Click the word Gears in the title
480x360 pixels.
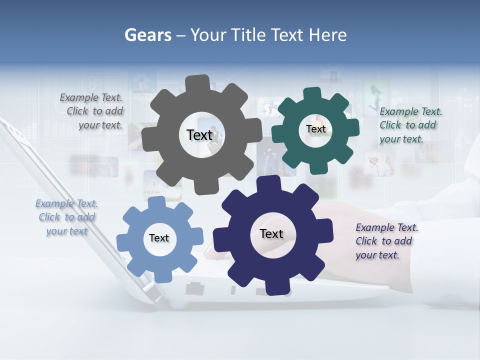point(147,35)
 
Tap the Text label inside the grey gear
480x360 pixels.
point(199,135)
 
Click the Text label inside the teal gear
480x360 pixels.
point(315,129)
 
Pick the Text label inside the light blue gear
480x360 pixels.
point(159,238)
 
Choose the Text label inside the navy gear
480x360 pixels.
point(271,233)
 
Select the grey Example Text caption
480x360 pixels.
point(91,111)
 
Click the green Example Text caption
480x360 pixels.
point(410,125)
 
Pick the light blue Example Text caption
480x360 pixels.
point(66,217)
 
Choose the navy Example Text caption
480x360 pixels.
point(386,241)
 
